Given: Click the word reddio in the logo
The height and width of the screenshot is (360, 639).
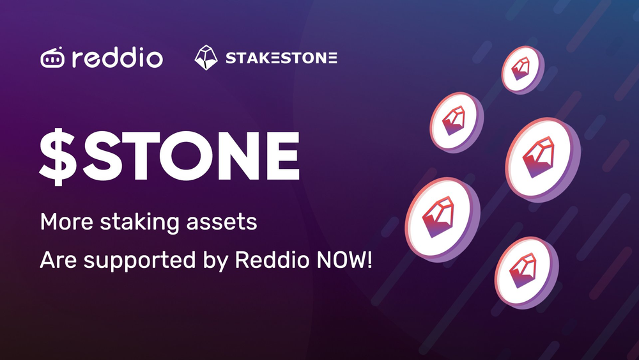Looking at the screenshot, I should click(117, 58).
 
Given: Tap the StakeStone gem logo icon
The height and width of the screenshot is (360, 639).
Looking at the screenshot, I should click(206, 58).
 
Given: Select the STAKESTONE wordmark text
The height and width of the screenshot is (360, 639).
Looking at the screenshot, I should click(281, 59).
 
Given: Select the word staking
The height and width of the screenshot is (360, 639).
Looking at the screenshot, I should click(140, 224).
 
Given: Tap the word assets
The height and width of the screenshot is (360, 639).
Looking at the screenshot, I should click(226, 224).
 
